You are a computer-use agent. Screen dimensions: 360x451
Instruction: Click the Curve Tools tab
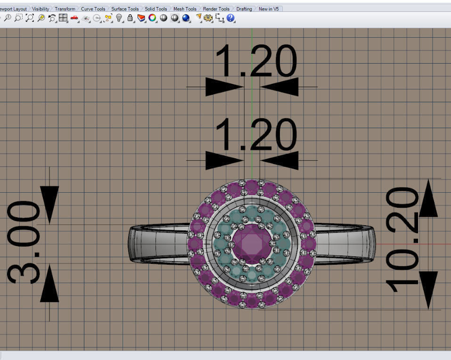click(x=93, y=9)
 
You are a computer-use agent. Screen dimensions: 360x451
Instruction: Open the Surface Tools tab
click(x=125, y=9)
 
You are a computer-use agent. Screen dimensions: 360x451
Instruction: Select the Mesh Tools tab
click(x=185, y=9)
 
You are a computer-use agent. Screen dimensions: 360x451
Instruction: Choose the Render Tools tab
click(x=216, y=9)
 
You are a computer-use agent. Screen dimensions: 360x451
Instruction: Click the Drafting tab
click(x=244, y=9)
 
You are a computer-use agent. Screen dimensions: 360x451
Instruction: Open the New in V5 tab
click(x=269, y=9)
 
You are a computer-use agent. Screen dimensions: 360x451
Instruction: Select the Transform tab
click(x=65, y=9)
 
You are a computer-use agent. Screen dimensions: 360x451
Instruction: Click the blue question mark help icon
click(x=230, y=18)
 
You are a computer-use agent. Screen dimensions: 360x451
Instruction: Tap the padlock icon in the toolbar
click(x=130, y=18)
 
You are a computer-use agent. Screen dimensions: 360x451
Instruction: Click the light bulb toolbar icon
click(x=119, y=18)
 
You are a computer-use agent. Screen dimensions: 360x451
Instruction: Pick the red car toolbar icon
click(x=74, y=18)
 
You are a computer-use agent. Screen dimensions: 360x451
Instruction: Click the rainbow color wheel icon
click(x=152, y=18)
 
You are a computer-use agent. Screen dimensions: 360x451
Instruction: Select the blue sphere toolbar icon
click(x=186, y=18)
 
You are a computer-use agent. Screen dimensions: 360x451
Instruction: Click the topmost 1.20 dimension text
click(x=256, y=61)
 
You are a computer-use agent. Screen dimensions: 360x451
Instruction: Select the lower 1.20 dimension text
click(x=256, y=135)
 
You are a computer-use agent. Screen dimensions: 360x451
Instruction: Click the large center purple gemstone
click(x=251, y=243)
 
